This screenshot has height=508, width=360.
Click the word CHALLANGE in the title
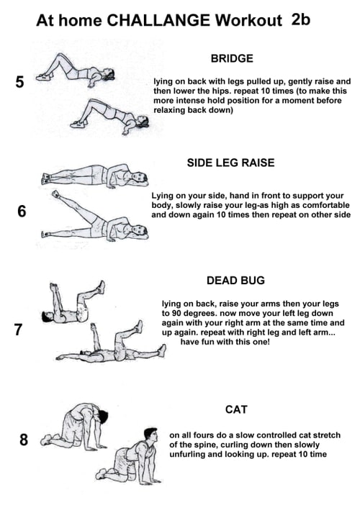(158, 20)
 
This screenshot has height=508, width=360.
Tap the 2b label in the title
(301, 19)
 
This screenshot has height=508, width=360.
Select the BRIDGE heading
(232, 58)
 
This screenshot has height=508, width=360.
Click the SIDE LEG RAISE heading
(230, 163)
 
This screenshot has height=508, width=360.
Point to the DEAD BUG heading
(235, 280)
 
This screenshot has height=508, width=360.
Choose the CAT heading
(236, 409)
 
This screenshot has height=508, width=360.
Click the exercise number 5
(19, 82)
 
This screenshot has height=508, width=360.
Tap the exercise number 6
(22, 212)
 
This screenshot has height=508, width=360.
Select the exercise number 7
(18, 330)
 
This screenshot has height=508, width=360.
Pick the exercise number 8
(24, 440)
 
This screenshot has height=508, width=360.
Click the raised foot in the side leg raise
(55, 194)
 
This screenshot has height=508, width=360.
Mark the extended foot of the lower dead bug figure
(161, 350)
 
